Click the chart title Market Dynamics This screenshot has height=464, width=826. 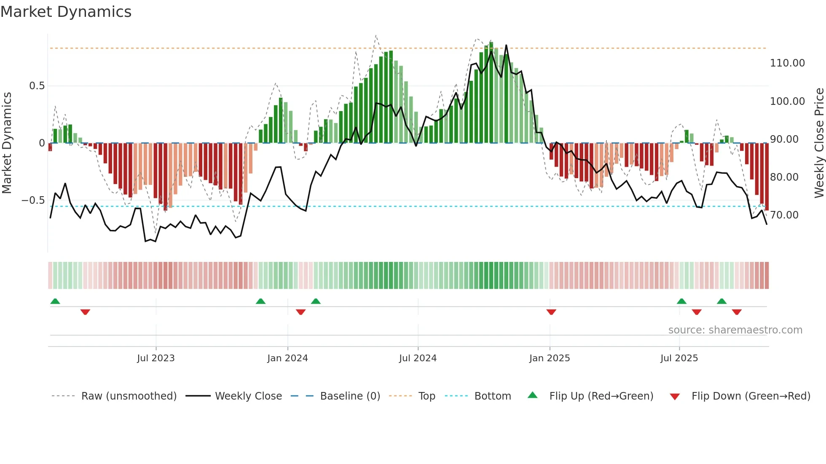66,12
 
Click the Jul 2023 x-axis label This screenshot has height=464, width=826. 156,358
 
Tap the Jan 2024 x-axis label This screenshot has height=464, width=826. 287,358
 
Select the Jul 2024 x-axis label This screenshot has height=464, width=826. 418,358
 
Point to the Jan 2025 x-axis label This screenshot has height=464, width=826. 550,358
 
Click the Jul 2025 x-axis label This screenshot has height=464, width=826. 679,358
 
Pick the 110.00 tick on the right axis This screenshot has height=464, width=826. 787,63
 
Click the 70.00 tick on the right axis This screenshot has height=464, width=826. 784,215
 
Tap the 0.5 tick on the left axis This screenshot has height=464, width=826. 37,86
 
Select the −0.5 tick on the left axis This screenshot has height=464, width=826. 33,200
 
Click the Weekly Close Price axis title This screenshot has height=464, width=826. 819,143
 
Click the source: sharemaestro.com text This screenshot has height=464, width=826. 735,330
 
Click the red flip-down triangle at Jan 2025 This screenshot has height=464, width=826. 551,312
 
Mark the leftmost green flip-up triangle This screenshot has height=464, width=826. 55,301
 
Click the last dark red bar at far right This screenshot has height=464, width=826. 767,177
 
